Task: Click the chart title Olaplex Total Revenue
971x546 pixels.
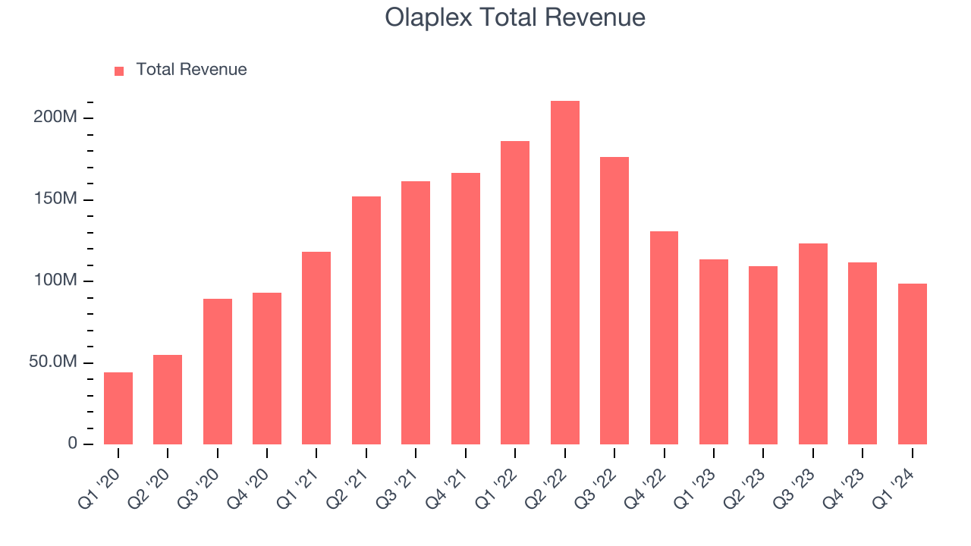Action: pos(515,17)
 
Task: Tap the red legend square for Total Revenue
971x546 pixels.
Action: pos(119,71)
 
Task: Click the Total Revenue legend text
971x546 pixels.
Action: pos(191,70)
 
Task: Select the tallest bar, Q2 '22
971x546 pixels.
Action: pos(564,273)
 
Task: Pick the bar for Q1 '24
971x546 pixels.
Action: pos(912,364)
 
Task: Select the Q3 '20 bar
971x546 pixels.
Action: pos(218,372)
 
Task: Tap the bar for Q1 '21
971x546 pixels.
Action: pos(316,348)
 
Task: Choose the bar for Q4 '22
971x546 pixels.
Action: pos(664,337)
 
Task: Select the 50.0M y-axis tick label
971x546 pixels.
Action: pos(53,362)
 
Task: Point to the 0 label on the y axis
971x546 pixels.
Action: pos(72,444)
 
